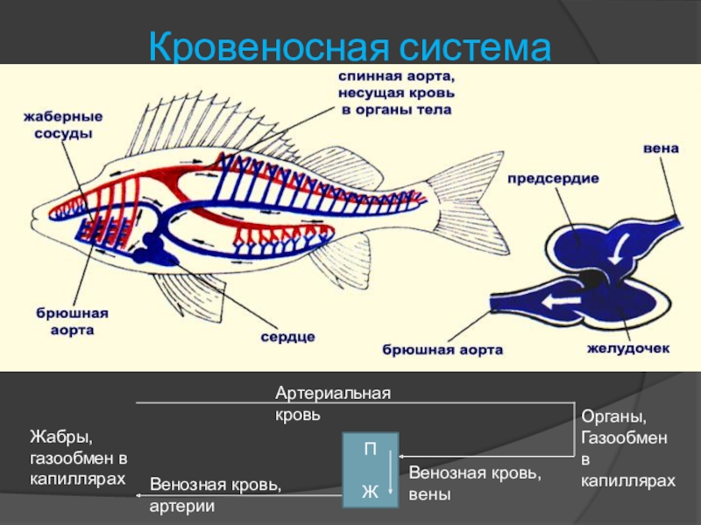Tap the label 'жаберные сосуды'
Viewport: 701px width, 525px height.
pos(63,124)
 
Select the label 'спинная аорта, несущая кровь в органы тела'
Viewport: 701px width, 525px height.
pos(397,94)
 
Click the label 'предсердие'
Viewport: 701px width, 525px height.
pos(554,178)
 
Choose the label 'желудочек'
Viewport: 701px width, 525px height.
pos(627,348)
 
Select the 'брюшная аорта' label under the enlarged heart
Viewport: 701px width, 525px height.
pos(443,350)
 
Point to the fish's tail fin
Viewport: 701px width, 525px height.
pos(473,206)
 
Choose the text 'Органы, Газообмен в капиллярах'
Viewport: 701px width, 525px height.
pos(627,447)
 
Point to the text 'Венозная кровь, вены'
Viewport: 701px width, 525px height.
pos(475,484)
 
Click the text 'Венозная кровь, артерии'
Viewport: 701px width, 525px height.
pos(216,494)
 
